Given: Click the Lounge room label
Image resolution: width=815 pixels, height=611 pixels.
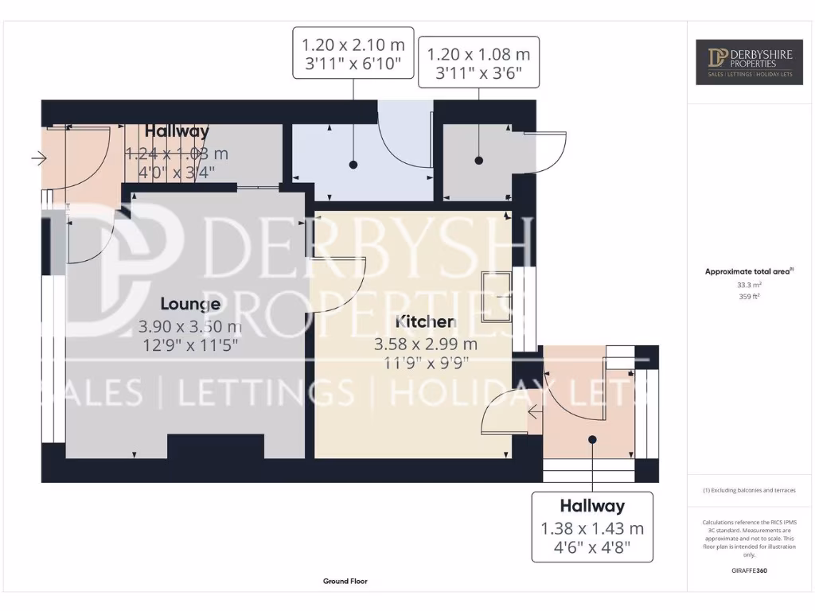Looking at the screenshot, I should [x=190, y=304].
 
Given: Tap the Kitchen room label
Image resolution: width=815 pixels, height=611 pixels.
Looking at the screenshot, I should [x=426, y=321].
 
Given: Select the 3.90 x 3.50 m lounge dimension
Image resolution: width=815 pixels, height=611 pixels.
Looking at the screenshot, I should [x=190, y=326].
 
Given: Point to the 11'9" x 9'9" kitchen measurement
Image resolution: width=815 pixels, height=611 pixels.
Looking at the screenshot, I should [x=426, y=363].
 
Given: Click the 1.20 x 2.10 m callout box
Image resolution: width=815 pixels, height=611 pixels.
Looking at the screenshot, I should [x=353, y=53].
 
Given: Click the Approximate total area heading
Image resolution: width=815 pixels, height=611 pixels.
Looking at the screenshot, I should [x=748, y=271].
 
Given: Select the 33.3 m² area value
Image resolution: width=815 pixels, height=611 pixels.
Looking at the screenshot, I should [x=748, y=284].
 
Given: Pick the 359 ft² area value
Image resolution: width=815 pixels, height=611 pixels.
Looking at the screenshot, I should [x=748, y=296].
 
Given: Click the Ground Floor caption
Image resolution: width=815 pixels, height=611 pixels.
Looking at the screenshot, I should [x=345, y=582].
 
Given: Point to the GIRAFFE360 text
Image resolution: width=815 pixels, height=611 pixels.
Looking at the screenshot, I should [x=748, y=570].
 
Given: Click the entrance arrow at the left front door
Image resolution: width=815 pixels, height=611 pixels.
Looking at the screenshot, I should [x=38, y=159].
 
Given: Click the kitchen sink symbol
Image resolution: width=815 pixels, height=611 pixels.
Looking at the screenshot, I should [x=497, y=297].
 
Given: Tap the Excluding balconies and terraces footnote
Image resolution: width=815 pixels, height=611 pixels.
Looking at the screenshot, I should [x=748, y=490].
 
